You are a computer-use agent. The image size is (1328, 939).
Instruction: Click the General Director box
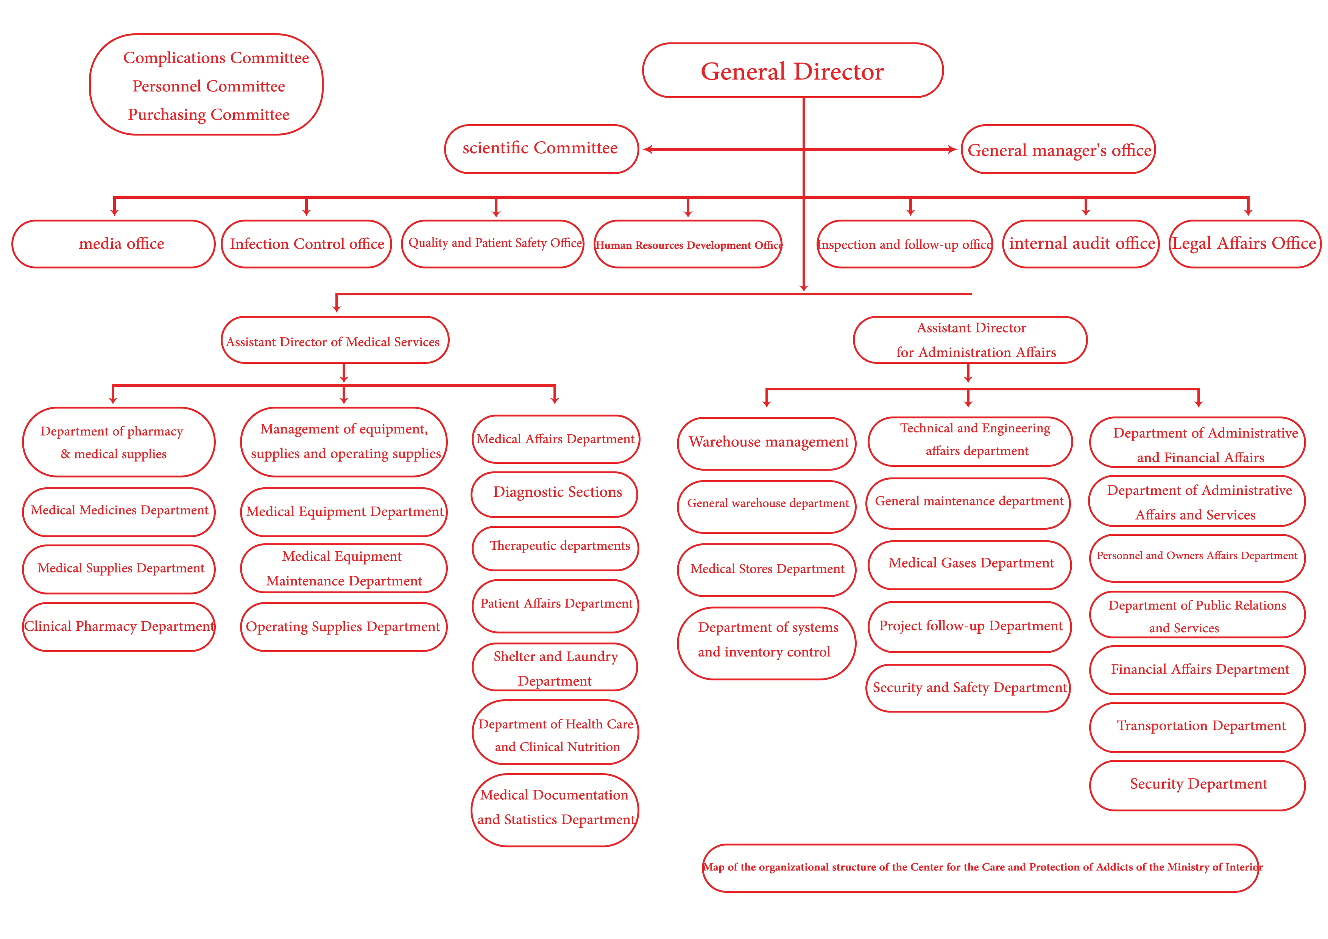point(792,70)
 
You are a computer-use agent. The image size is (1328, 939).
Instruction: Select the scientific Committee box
point(541,149)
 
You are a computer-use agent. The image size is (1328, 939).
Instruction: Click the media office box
point(113,243)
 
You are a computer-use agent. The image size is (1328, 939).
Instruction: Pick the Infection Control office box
point(307,243)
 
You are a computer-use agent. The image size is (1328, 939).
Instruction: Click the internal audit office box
point(1081,243)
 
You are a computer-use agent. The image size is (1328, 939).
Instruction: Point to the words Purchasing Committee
point(209,115)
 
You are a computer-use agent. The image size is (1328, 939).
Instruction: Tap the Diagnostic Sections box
point(555,493)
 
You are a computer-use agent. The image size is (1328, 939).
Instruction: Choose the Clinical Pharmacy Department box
point(118,627)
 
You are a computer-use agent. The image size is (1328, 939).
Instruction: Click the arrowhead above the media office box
point(115,212)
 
